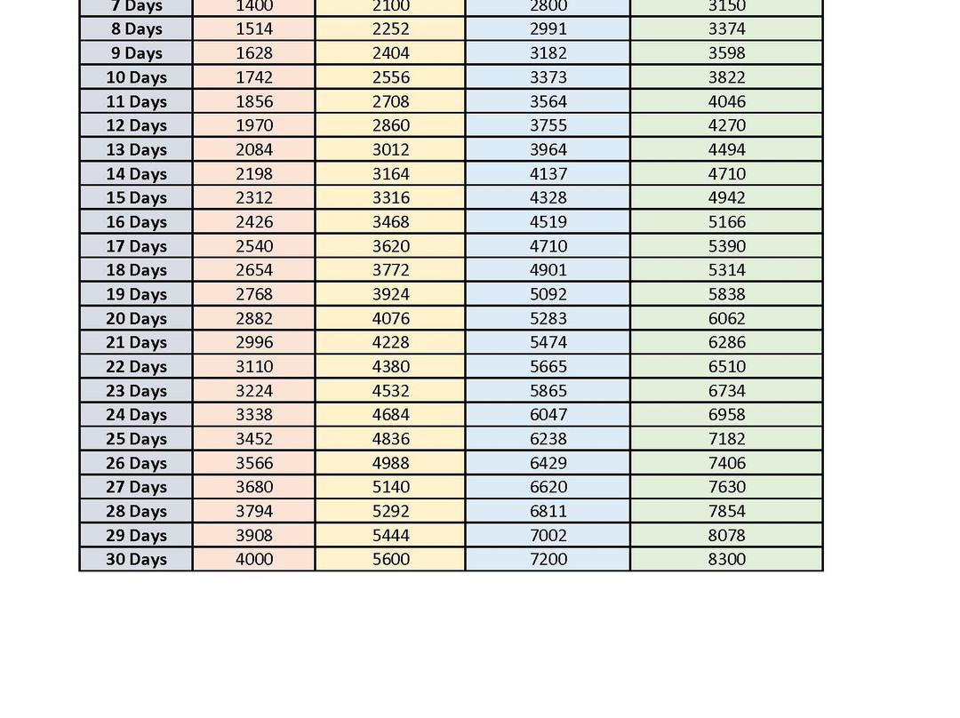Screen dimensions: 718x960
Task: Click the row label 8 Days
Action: pyautogui.click(x=136, y=29)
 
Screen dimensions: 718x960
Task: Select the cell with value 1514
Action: pyautogui.click(x=254, y=29)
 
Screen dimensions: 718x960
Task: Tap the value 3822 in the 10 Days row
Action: pyautogui.click(x=726, y=77)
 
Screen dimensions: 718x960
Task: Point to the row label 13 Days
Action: pyautogui.click(x=136, y=150)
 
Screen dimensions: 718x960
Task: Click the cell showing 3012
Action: pyautogui.click(x=390, y=150)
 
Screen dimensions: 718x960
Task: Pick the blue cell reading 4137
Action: pyautogui.click(x=548, y=174)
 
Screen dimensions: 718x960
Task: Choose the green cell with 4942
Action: pyautogui.click(x=726, y=198)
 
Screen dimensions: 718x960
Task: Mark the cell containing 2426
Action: pyautogui.click(x=254, y=222)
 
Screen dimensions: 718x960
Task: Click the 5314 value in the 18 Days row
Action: pyautogui.click(x=726, y=270)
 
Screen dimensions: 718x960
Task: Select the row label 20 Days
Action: pyautogui.click(x=136, y=319)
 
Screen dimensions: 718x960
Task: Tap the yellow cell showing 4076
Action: pyautogui.click(x=390, y=319)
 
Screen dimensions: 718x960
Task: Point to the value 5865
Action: pyautogui.click(x=548, y=391)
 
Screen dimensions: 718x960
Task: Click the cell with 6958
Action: pyautogui.click(x=726, y=415)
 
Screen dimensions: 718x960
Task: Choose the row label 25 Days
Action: pyautogui.click(x=136, y=439)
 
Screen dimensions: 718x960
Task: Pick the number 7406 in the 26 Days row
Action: pyautogui.click(x=726, y=463)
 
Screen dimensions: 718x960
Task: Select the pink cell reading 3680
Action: pyautogui.click(x=254, y=487)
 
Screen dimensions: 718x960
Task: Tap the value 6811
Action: pyautogui.click(x=548, y=511)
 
